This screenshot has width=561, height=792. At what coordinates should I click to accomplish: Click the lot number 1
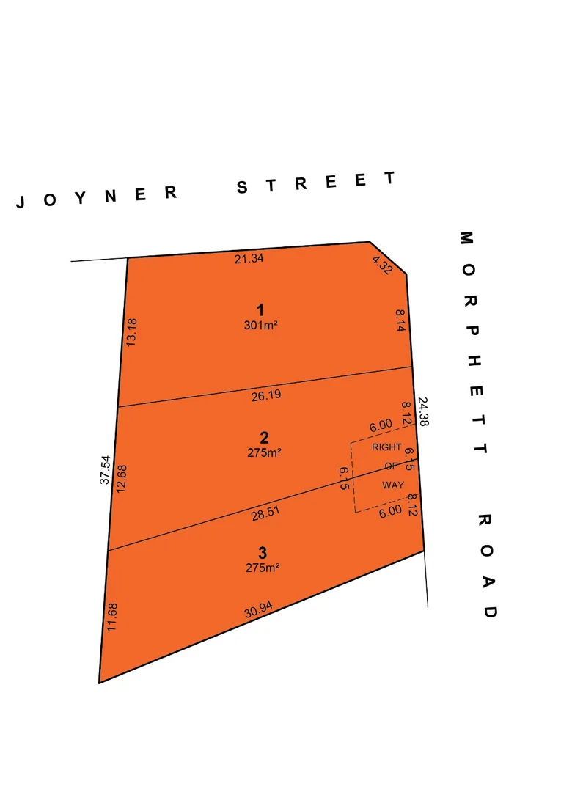tap(260, 309)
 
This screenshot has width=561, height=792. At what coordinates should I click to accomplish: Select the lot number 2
tap(264, 439)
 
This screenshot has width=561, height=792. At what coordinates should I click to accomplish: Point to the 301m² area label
tap(260, 325)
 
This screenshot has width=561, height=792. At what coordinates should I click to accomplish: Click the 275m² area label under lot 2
tap(264, 453)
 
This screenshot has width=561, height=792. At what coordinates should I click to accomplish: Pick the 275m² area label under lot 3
tap(263, 567)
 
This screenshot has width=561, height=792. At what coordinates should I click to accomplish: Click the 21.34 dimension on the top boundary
tap(249, 258)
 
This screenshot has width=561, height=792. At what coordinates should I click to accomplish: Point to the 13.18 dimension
tap(132, 332)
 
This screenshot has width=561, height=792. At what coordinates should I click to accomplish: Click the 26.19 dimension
tap(265, 395)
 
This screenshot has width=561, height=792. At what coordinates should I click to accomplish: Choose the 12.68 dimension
tap(122, 478)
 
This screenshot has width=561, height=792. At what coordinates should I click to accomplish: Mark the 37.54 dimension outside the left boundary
tap(105, 470)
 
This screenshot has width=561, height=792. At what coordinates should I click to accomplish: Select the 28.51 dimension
tap(265, 516)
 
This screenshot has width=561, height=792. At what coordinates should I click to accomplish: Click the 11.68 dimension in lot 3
tap(111, 616)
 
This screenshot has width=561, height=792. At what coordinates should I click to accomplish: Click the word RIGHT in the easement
tap(386, 447)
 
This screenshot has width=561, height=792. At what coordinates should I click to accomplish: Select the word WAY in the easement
tap(392, 485)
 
